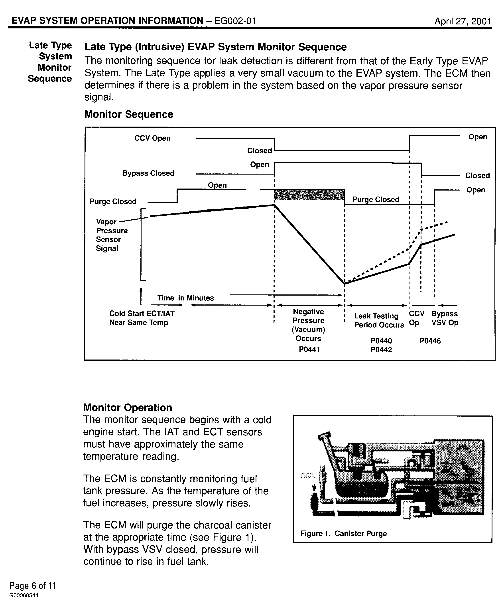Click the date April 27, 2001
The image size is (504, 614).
(463, 21)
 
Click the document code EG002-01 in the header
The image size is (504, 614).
(235, 21)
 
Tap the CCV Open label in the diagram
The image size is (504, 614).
(152, 138)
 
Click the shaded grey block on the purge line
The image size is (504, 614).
(309, 195)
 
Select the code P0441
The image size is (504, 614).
(309, 349)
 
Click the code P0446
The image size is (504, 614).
(430, 341)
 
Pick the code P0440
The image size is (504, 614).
(381, 341)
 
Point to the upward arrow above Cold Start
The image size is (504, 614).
(141, 295)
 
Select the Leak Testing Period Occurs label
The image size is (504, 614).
(379, 320)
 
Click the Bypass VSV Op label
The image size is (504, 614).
(445, 318)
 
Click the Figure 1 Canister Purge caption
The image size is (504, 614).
(343, 534)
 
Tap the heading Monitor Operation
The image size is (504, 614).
(128, 407)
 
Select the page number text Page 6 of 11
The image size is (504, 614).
(33, 586)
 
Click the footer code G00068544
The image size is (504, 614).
(24, 595)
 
